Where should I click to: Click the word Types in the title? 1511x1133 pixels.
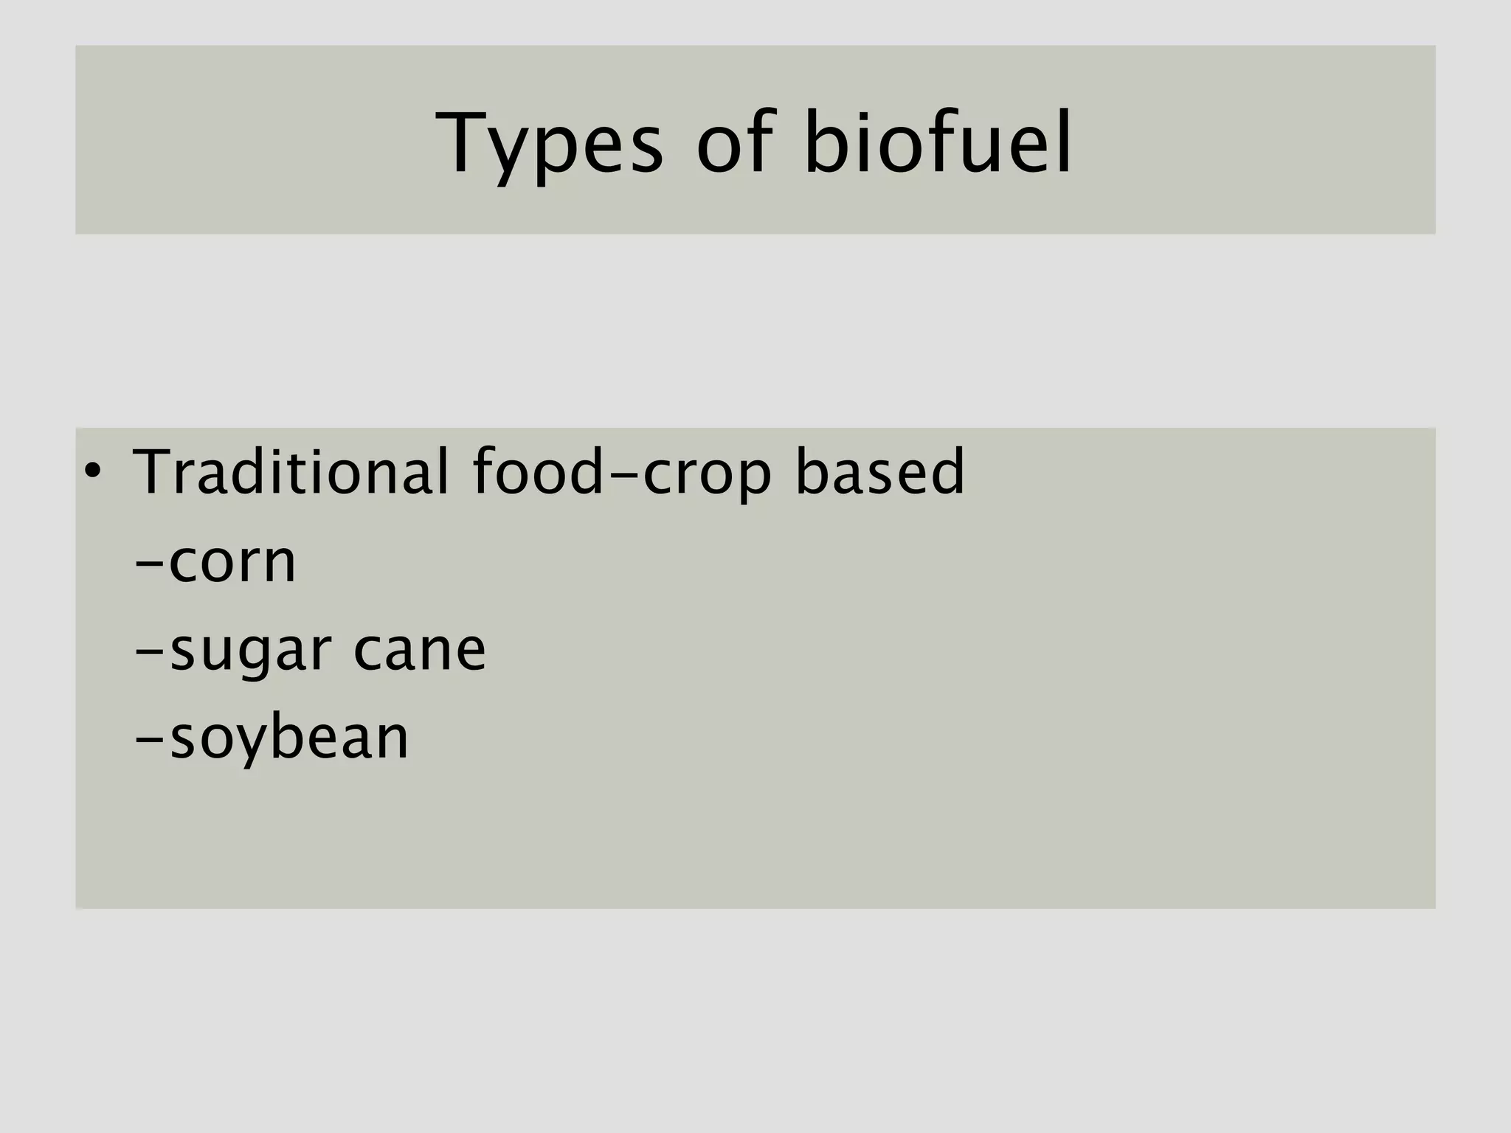(550, 144)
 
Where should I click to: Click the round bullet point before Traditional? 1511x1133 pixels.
(91, 470)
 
